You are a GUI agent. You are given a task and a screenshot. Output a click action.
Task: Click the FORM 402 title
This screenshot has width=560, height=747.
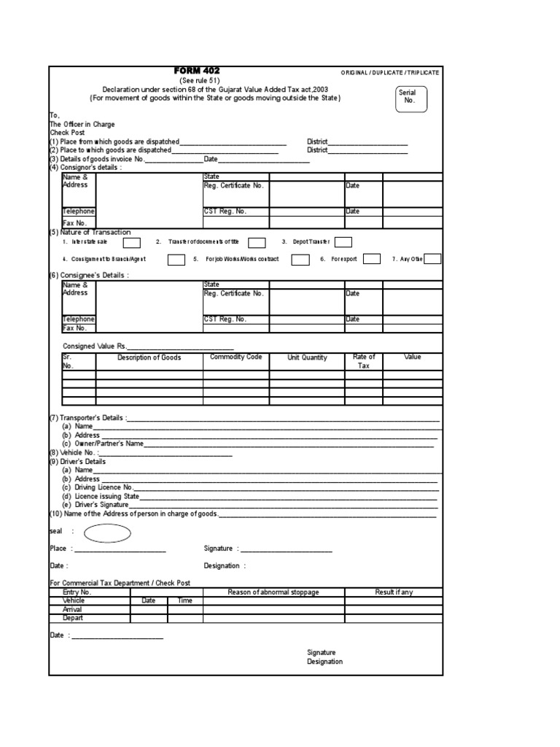pos(197,70)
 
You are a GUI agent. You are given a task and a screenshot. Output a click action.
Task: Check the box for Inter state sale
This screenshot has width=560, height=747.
pos(132,242)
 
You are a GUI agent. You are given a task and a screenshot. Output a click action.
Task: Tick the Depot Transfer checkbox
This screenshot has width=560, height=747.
pos(343,242)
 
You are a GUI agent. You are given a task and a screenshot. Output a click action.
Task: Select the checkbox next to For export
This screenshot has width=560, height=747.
pos(372,259)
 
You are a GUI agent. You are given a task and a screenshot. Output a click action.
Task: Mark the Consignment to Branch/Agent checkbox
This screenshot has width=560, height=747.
pos(176,259)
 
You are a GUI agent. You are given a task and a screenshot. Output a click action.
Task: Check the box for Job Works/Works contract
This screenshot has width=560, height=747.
pos(300,259)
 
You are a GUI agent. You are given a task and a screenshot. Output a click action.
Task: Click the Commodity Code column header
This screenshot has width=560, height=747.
pos(236,357)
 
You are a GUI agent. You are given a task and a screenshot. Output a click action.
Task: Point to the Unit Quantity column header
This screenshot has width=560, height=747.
pos(307,357)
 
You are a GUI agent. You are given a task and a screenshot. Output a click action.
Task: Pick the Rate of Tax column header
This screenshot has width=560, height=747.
pos(364,361)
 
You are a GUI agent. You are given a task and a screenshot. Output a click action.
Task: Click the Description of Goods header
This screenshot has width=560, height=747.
pos(149,357)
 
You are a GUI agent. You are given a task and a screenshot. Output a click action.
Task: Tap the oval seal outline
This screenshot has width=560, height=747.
pos(108,534)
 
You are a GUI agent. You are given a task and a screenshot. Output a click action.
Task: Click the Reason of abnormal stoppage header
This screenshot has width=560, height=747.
pos(273,592)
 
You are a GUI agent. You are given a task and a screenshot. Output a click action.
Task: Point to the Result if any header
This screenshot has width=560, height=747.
pos(394,592)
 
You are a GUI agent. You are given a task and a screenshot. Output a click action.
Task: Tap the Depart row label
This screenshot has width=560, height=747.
pos(73,618)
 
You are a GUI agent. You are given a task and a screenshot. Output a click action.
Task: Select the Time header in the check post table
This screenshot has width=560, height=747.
pos(185,600)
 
